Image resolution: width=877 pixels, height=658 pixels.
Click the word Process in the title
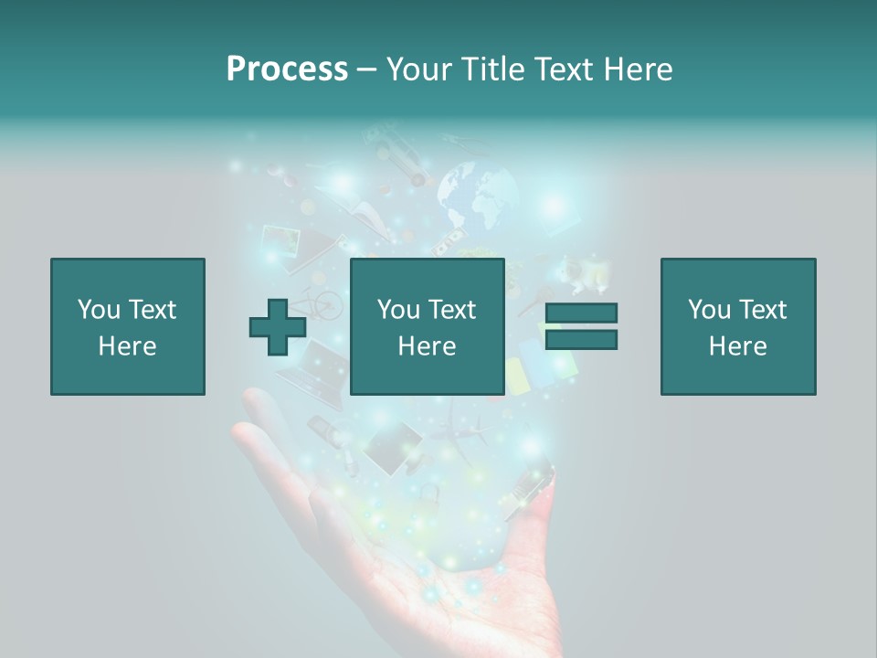pos(287,69)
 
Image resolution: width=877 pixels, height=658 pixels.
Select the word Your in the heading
pos(417,69)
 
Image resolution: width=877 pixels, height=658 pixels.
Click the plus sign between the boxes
pos(278,327)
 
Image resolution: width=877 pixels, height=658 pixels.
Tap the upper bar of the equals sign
pos(581,313)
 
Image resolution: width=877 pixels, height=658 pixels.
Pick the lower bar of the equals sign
pos(581,340)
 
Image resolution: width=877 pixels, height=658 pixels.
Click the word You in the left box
pos(99,310)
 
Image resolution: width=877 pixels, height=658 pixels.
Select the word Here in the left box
pos(127,346)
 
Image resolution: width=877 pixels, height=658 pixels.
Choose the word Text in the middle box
pos(452,310)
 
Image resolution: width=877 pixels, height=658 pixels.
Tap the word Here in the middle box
pos(427,346)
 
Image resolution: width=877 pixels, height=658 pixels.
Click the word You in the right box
pos(709,310)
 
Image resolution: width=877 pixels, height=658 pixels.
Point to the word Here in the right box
pos(737,346)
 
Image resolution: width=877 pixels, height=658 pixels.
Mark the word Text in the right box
pos(763,310)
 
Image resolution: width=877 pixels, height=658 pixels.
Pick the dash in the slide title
pos(366,69)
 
